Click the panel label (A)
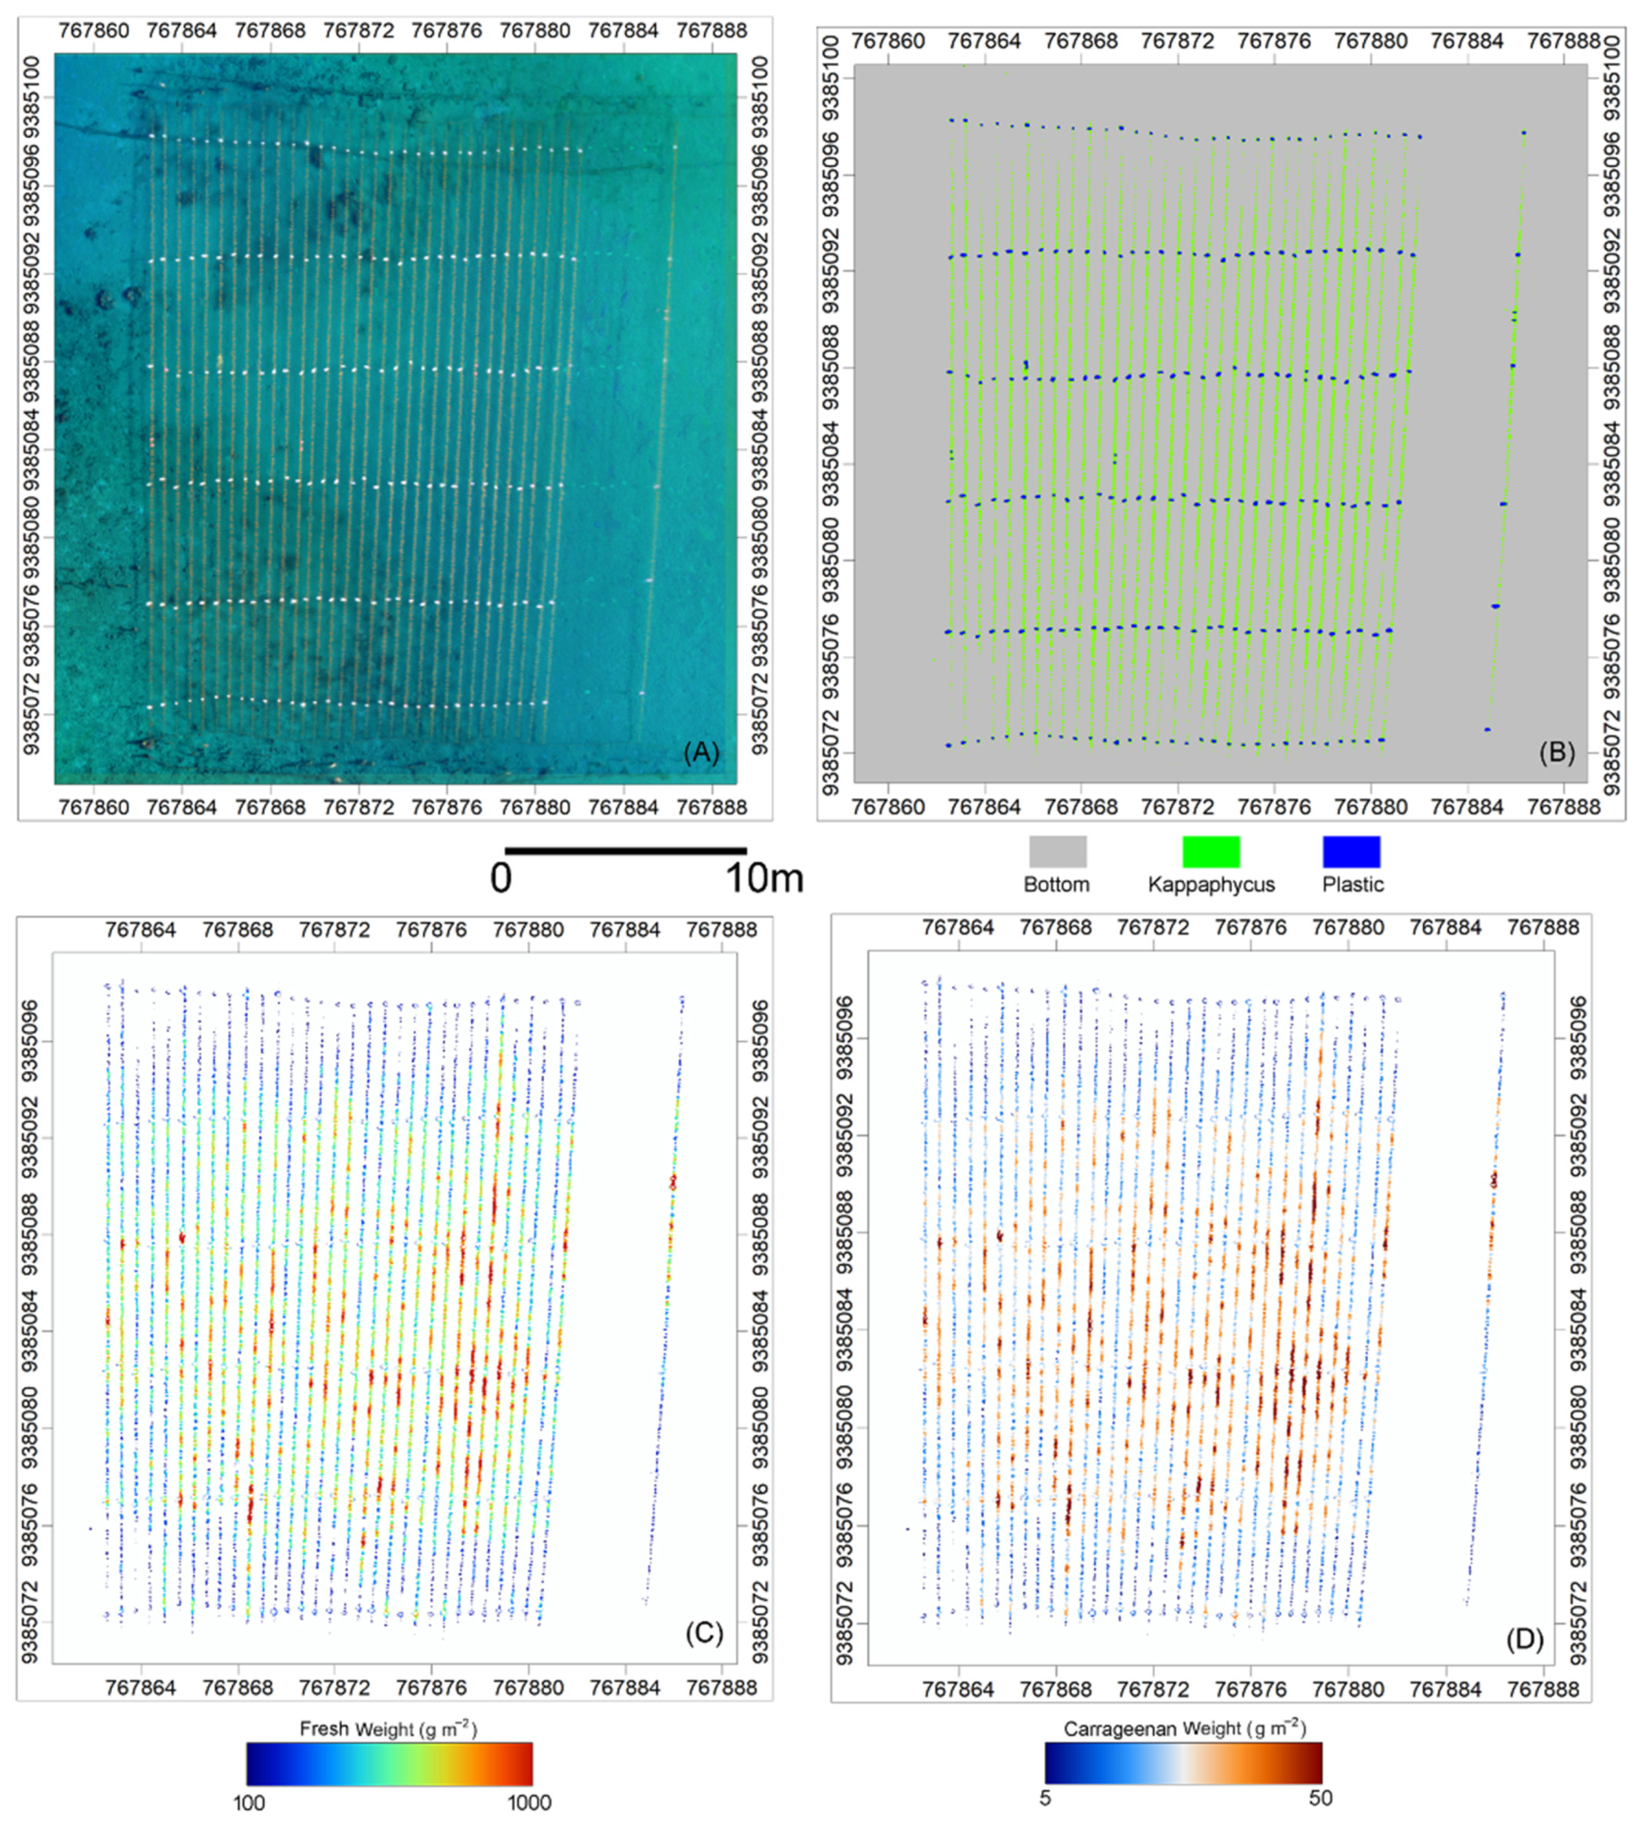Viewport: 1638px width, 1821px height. pyautogui.click(x=702, y=752)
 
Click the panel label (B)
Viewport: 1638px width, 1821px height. pyautogui.click(x=1556, y=752)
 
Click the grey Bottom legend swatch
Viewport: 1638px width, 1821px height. pyautogui.click(x=1058, y=851)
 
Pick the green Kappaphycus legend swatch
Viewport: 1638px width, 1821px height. pyautogui.click(x=1210, y=851)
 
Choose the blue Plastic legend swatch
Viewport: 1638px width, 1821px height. pyautogui.click(x=1351, y=851)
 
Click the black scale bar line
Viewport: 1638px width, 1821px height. pyautogui.click(x=625, y=850)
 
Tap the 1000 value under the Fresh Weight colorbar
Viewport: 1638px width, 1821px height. pyautogui.click(x=528, y=1801)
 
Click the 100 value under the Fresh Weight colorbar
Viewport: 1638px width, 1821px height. pyautogui.click(x=250, y=1801)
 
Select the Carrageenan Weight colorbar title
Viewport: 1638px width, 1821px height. pyautogui.click(x=1184, y=1728)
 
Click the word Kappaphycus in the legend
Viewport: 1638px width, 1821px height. pyautogui.click(x=1211, y=885)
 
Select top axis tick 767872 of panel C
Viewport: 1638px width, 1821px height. pyautogui.click(x=335, y=929)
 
